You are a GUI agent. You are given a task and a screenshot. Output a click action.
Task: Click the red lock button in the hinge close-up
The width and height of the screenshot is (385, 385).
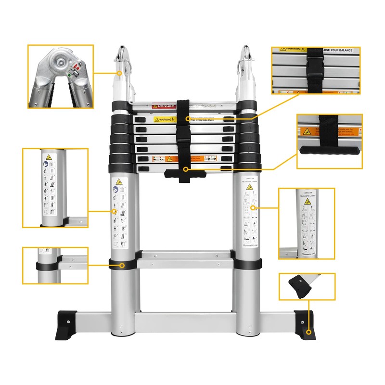pyautogui.click(x=73, y=67)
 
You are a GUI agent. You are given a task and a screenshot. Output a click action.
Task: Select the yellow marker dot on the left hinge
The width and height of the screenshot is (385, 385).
pyautogui.click(x=120, y=73)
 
